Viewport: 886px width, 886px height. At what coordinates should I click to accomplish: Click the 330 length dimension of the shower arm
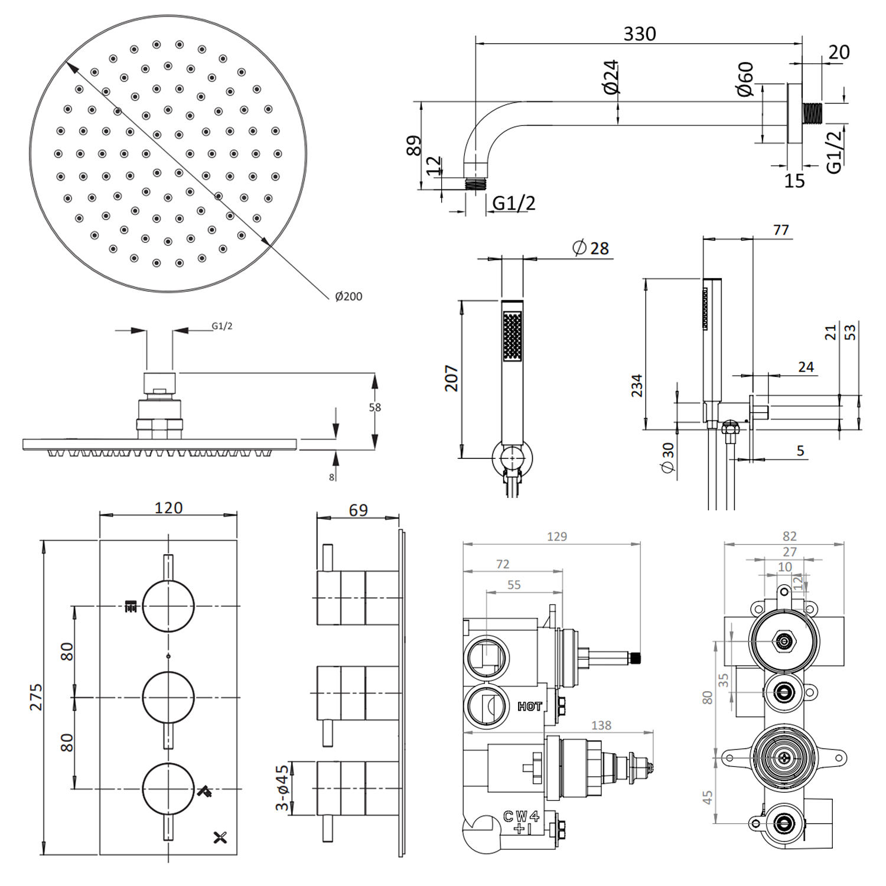(639, 34)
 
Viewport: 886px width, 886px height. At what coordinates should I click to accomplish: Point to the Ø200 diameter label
(348, 297)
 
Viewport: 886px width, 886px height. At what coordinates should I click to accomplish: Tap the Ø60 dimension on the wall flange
(745, 79)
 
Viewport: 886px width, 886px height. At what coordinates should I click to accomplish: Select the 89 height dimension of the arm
(414, 145)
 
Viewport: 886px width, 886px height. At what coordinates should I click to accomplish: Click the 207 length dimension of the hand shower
(451, 378)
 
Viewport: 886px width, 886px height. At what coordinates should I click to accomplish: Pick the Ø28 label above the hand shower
(591, 248)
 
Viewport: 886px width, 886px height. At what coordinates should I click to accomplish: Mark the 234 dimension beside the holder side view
(636, 385)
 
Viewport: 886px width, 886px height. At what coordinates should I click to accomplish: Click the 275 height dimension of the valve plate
(36, 697)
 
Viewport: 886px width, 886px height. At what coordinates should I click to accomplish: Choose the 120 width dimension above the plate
(168, 508)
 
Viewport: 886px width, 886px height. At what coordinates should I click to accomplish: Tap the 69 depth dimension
(358, 510)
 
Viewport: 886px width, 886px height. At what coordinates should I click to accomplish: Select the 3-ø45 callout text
(282, 788)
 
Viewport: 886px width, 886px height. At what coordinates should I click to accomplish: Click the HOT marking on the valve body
(529, 706)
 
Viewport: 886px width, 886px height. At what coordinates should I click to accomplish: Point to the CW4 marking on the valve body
(521, 817)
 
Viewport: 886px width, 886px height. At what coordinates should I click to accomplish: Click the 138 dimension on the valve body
(601, 725)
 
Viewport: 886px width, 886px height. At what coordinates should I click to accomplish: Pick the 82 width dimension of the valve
(789, 536)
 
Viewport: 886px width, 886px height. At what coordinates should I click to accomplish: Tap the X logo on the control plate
(220, 837)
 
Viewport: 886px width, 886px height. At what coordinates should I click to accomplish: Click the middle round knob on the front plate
(168, 698)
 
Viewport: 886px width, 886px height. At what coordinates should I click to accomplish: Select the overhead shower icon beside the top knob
(131, 606)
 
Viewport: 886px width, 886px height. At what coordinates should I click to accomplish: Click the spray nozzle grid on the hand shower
(512, 336)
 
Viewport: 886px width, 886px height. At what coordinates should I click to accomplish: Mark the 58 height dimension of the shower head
(374, 408)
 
